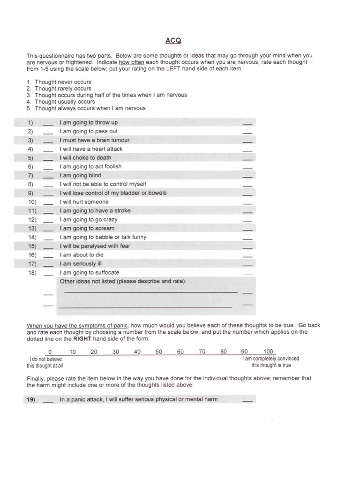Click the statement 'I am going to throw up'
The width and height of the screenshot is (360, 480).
89,123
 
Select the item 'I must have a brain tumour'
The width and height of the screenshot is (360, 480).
94,140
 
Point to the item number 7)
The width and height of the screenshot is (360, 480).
31,175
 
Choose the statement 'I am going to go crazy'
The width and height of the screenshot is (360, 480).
88,219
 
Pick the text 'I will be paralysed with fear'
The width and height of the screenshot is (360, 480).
95,246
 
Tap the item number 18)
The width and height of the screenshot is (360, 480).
32,272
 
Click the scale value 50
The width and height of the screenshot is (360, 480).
159,352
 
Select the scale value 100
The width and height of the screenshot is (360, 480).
268,352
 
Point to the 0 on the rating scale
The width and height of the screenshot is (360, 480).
50,352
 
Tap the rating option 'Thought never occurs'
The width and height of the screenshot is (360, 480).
63,82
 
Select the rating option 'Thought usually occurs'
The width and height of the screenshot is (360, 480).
65,102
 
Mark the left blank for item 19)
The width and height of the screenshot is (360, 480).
48,401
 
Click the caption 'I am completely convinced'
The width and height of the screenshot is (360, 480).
270,359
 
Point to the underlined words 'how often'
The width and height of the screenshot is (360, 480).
131,62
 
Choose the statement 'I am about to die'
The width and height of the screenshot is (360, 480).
82,255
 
